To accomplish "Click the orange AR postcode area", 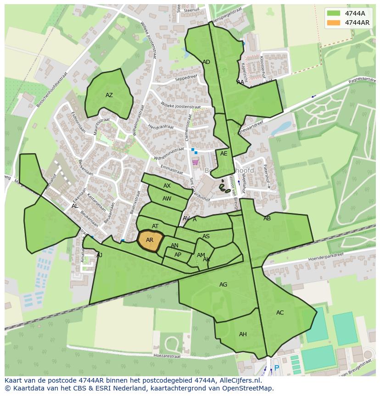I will pyautogui.click(x=150, y=240).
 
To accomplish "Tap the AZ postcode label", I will pyautogui.click(x=109, y=95).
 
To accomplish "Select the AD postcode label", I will pyautogui.click(x=206, y=62).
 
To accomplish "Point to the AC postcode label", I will pyautogui.click(x=280, y=313).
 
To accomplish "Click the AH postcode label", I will pyautogui.click(x=243, y=334).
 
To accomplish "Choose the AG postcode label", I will pyautogui.click(x=223, y=285).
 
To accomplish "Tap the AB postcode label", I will pyautogui.click(x=267, y=218).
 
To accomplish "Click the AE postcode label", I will pyautogui.click(x=224, y=154).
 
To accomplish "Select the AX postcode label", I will pyautogui.click(x=167, y=186).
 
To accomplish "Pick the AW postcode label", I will pyautogui.click(x=167, y=199).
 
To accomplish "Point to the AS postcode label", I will pyautogui.click(x=206, y=236).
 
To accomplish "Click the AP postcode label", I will pyautogui.click(x=178, y=255).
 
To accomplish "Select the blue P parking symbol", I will pyautogui.click(x=276, y=368).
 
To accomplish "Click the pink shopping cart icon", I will pyautogui.click(x=195, y=162).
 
